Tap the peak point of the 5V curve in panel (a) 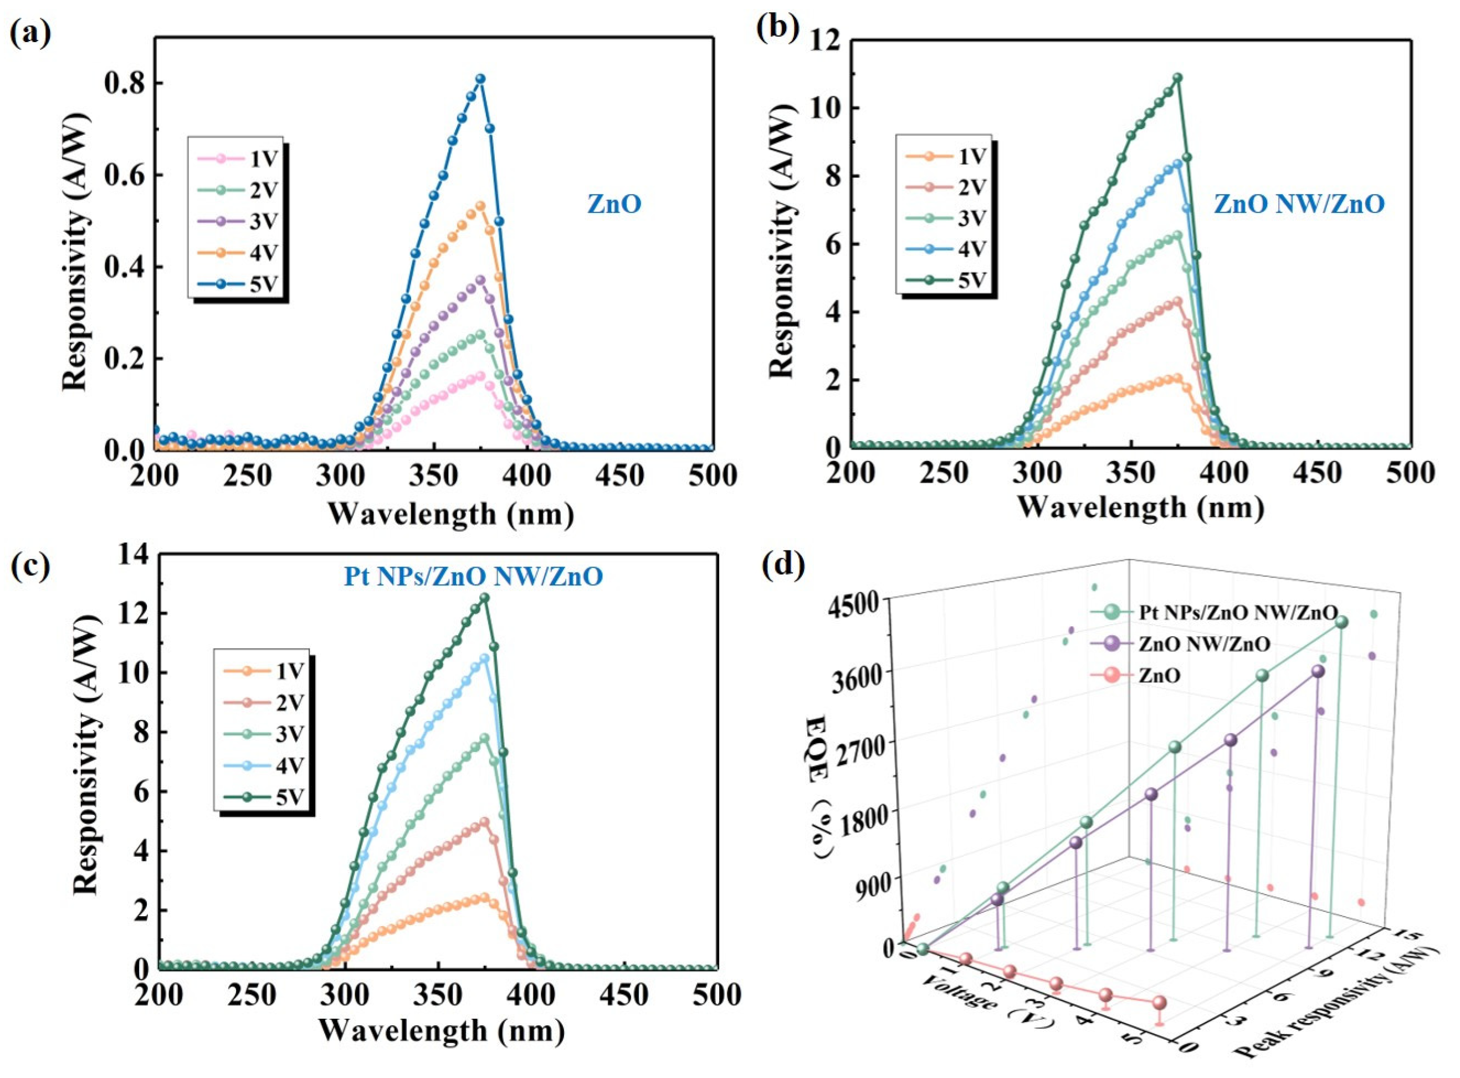click(480, 79)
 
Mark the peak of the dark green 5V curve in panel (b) click(1177, 96)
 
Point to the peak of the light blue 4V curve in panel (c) click(484, 659)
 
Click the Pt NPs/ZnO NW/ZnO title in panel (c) click(473, 577)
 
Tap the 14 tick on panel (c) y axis click(132, 555)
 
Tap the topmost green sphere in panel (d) click(1342, 622)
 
